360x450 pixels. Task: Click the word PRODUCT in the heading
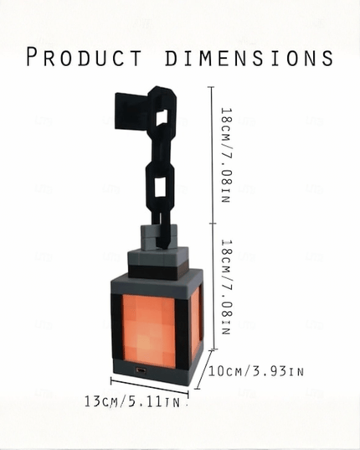[84, 57]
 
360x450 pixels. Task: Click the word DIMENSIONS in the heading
[249, 57]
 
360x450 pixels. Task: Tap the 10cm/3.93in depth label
[255, 371]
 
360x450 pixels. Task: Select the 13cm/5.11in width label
[132, 401]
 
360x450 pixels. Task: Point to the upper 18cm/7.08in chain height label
[226, 155]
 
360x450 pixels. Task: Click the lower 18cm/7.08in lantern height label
[226, 287]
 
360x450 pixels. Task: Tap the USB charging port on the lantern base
[141, 370]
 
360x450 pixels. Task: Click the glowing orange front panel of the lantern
[149, 330]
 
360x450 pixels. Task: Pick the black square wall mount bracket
[131, 111]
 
